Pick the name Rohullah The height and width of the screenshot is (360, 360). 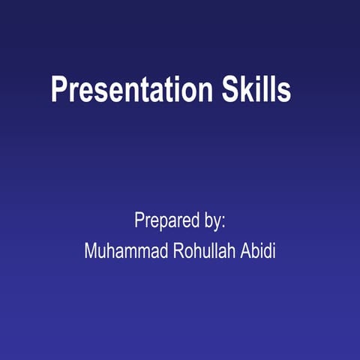tap(196, 250)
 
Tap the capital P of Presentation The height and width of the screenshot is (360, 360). tap(58, 90)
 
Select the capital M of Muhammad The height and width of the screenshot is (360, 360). tap(90, 250)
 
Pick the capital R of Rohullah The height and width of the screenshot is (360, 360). tap(166, 250)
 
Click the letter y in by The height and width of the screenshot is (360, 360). tap(217, 223)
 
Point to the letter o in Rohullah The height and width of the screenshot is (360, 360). tap(176, 252)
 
